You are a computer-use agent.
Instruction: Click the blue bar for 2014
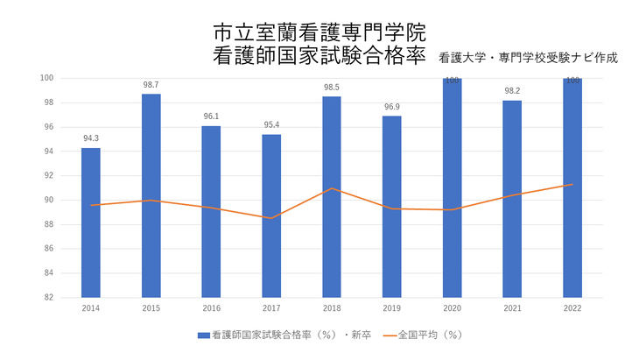91,222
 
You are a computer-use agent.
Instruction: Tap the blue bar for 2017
271,215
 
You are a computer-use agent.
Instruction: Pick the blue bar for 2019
392,207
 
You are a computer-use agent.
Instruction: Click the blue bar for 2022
572,187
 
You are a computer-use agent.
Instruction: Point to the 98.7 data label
151,85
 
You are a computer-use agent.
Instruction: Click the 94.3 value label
91,138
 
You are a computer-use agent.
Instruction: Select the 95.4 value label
271,125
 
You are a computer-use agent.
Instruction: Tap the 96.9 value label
392,107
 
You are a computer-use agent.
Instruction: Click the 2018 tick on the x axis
332,308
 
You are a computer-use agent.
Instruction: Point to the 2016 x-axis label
211,308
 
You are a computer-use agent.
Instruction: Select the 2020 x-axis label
452,308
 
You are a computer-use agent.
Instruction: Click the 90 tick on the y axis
50,200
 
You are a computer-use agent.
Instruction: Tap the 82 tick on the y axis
50,297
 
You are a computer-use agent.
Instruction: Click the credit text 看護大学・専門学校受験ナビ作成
530,58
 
